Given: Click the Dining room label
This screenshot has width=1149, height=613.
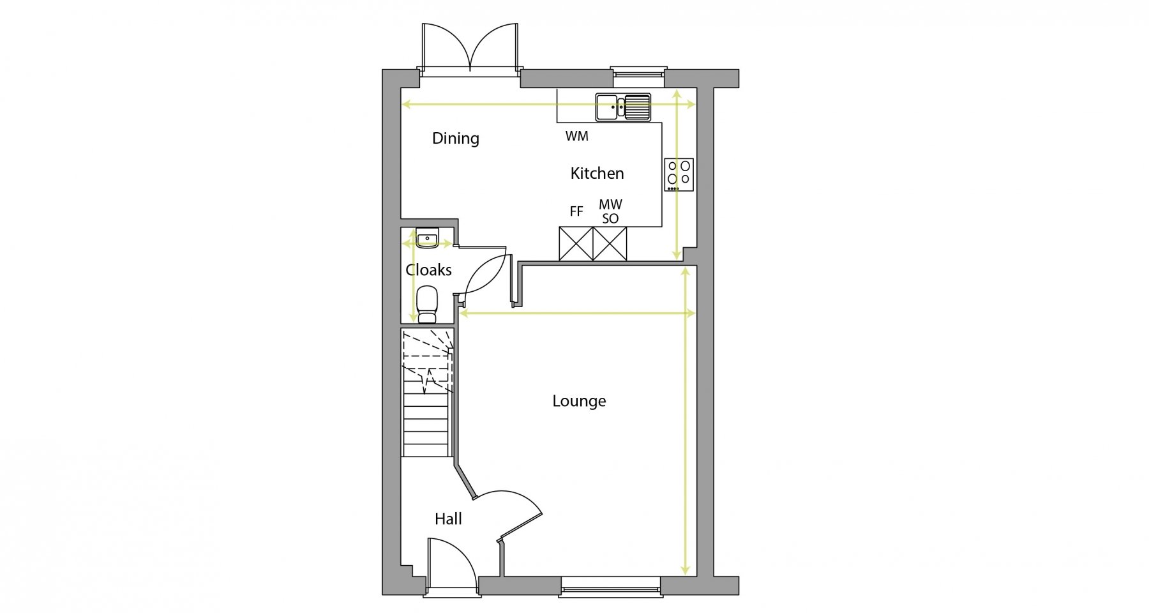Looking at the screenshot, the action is [455, 139].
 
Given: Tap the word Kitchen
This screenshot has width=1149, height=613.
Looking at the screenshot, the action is [597, 173].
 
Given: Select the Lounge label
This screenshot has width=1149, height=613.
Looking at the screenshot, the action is [579, 401].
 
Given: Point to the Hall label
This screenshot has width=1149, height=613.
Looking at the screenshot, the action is [448, 519].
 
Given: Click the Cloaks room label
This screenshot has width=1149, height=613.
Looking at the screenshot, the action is [428, 270].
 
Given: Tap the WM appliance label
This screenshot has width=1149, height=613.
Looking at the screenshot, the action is [576, 136].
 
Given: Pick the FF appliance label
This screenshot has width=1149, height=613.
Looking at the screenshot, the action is [576, 211].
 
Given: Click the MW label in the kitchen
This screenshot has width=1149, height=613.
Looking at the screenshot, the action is [610, 205].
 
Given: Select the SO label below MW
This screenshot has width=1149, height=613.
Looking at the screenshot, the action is [610, 218].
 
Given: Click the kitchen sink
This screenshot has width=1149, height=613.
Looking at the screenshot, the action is [623, 107].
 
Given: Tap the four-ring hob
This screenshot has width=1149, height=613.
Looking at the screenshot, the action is [679, 174].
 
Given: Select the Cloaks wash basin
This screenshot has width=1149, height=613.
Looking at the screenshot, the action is [426, 238].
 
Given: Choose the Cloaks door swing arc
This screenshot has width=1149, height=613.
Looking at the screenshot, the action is [485, 273].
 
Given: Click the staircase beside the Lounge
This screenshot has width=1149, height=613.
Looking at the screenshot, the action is [427, 393].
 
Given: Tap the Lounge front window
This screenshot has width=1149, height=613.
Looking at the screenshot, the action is [610, 587].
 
